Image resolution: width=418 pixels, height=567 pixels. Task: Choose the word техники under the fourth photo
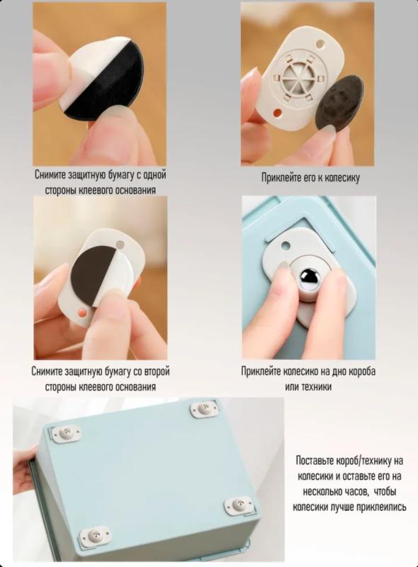[x=316, y=386]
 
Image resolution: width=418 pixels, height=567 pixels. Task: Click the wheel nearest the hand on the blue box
[x=66, y=433]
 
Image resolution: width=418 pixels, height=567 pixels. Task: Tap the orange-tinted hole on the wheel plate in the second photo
[x=277, y=113]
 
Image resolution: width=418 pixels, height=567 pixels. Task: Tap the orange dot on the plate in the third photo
[x=83, y=311]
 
